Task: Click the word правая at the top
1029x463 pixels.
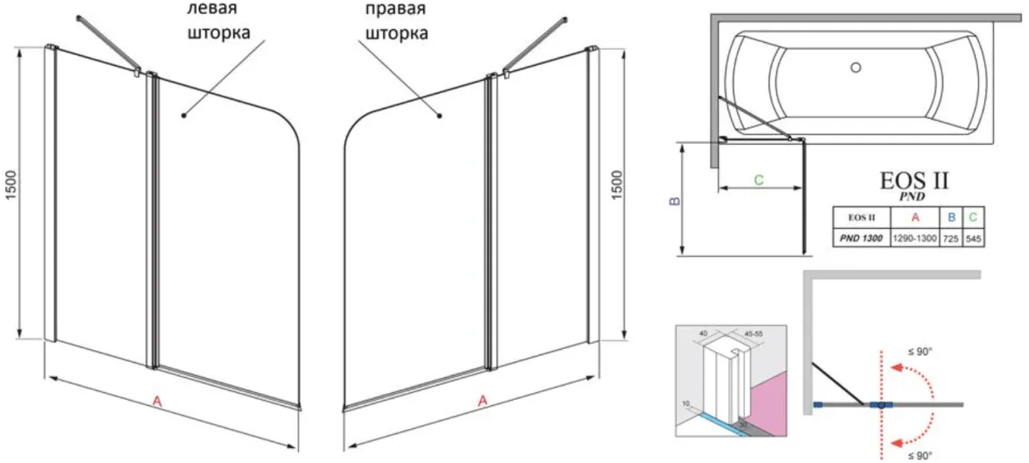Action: pyautogui.click(x=396, y=10)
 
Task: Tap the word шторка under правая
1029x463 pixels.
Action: pyautogui.click(x=397, y=33)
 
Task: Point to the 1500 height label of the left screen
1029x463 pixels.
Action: pyautogui.click(x=11, y=186)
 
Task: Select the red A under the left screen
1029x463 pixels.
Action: pyautogui.click(x=157, y=401)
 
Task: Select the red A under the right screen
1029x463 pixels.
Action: pyautogui.click(x=483, y=401)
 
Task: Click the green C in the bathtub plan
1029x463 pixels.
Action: pyautogui.click(x=759, y=179)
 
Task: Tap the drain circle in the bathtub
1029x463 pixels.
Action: pyautogui.click(x=856, y=66)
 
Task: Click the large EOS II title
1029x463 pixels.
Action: pyautogui.click(x=914, y=182)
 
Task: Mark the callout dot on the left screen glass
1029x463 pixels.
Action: pyautogui.click(x=183, y=114)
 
